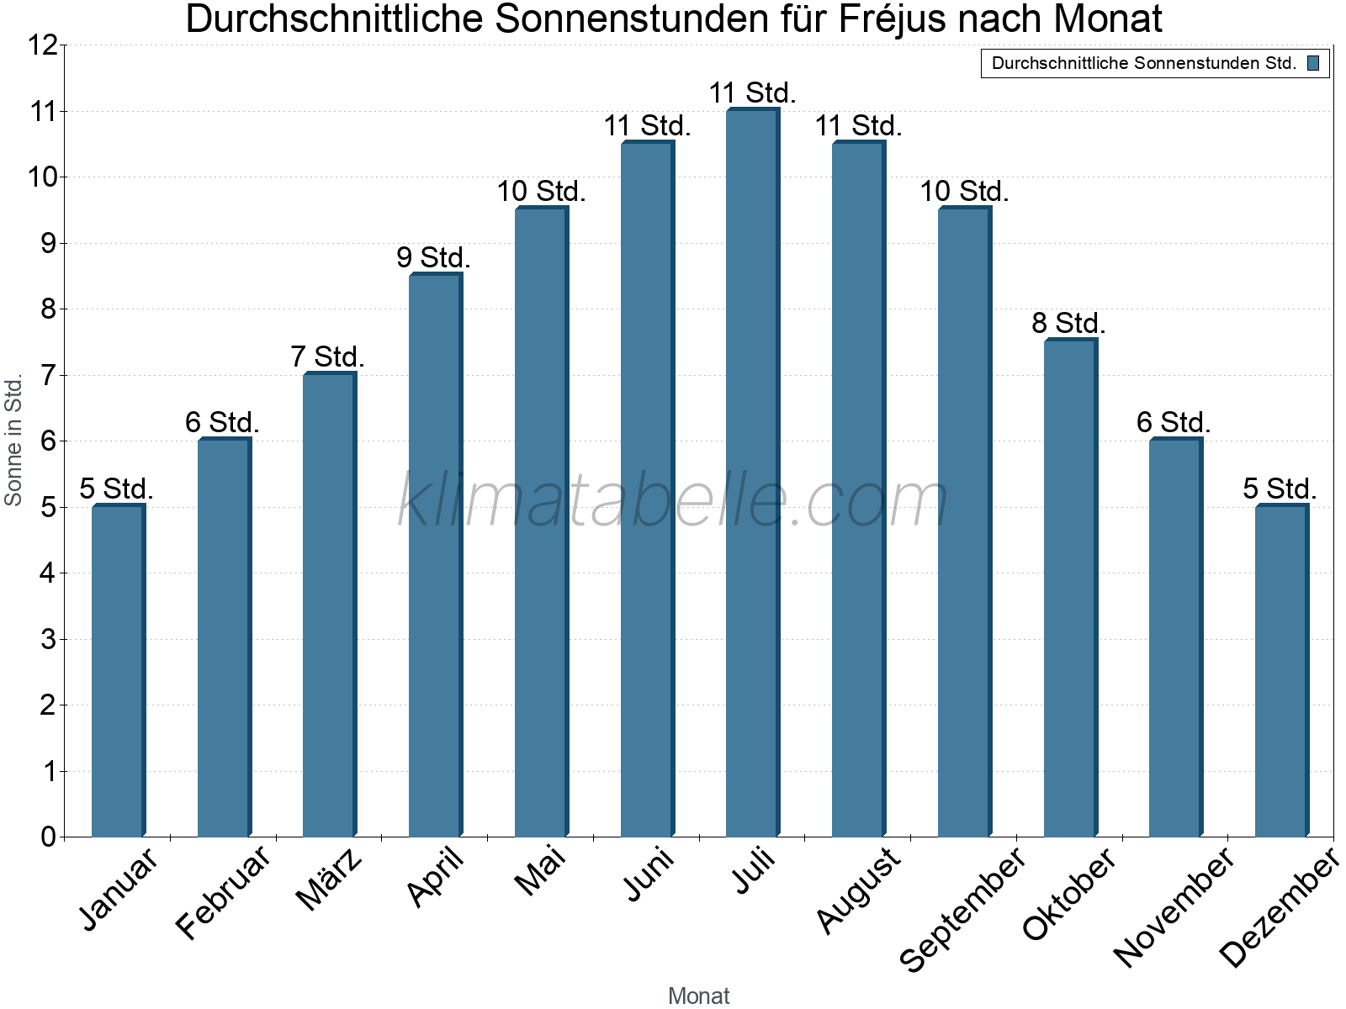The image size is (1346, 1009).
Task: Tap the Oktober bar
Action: [x=1070, y=589]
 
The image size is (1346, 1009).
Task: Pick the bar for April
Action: [x=435, y=555]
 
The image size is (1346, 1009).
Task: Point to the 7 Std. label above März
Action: [x=327, y=357]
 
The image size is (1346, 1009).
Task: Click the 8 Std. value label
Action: [x=1068, y=323]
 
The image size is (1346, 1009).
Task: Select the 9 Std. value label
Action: [x=433, y=257]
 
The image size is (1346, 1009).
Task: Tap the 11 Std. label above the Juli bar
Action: [x=752, y=92]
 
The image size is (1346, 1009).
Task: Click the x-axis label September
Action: [x=963, y=908]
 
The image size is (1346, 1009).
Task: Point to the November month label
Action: [x=1174, y=906]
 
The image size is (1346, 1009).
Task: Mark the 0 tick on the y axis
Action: [x=48, y=837]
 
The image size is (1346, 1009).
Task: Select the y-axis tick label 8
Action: [x=48, y=309]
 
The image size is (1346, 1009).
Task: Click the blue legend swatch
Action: [x=1313, y=63]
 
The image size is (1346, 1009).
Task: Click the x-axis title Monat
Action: [x=698, y=996]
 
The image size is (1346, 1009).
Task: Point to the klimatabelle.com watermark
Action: [x=673, y=500]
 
